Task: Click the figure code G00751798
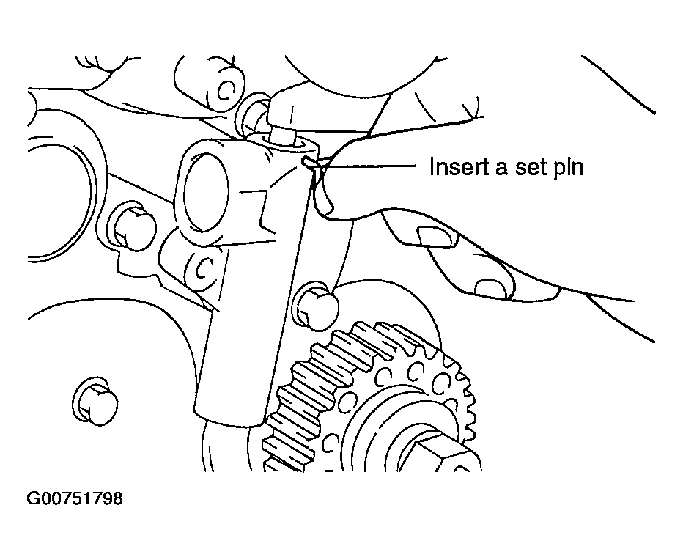[75, 498]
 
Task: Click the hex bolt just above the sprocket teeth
[317, 306]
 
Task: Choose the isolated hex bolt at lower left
[95, 401]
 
